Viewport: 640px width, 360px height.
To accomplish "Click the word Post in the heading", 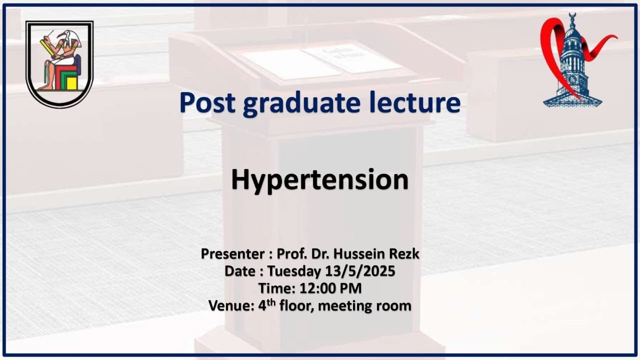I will coord(207,102).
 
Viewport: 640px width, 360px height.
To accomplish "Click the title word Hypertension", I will coord(319,180).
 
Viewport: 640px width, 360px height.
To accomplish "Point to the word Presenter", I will coord(233,254).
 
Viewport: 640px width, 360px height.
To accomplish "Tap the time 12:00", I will coord(317,288).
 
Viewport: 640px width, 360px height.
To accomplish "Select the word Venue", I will coord(230,305).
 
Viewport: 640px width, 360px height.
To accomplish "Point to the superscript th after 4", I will coord(270,302).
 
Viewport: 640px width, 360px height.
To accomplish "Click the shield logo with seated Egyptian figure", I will coord(59,64).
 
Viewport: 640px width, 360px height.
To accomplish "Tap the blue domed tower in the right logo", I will coord(572,65).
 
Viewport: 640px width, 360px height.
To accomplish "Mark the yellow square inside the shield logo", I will coord(72,82).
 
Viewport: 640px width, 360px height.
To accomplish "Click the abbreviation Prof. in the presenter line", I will coord(291,254).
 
